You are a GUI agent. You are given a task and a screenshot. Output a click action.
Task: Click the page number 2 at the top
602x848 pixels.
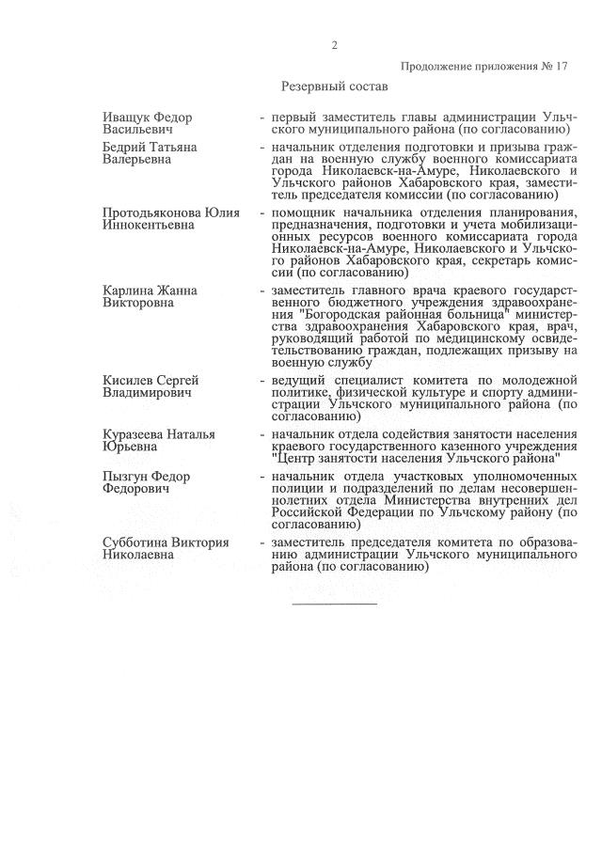click(334, 45)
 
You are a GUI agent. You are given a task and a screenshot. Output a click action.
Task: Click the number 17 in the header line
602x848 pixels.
click(562, 67)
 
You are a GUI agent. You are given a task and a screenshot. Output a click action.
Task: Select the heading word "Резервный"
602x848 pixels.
click(313, 86)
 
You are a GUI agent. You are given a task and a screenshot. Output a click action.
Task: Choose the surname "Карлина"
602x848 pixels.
click(127, 291)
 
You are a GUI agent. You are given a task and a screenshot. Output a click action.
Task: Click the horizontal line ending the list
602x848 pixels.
click(334, 603)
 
